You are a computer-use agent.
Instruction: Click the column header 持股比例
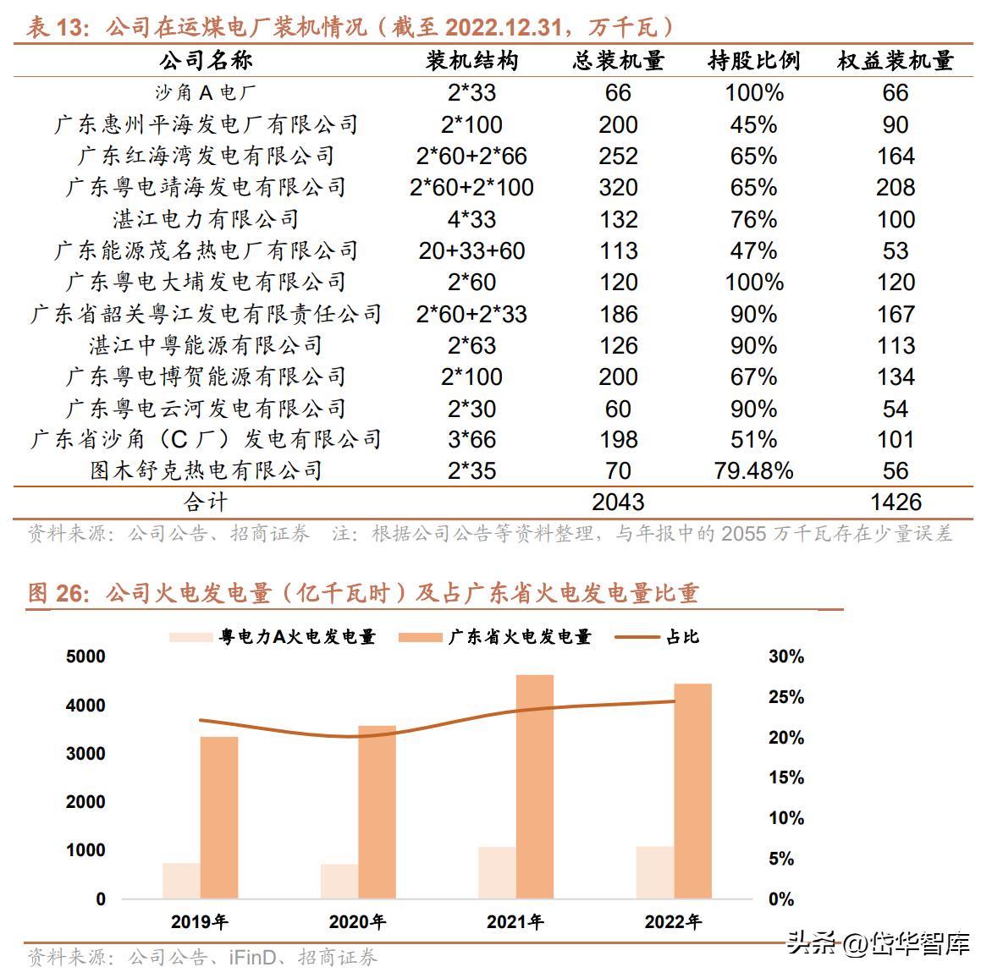pyautogui.click(x=753, y=60)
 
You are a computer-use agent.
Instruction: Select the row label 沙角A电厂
pyautogui.click(x=206, y=92)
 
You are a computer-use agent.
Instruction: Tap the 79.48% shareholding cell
pyautogui.click(x=753, y=470)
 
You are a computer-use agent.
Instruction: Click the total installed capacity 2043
pyautogui.click(x=618, y=502)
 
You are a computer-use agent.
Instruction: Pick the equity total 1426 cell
pyautogui.click(x=896, y=502)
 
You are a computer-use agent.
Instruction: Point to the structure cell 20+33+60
pyautogui.click(x=471, y=250)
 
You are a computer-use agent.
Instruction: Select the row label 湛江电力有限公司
pyautogui.click(x=206, y=219)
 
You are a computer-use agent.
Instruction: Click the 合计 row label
pyautogui.click(x=206, y=502)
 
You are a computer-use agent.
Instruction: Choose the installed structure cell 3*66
pyautogui.click(x=471, y=439)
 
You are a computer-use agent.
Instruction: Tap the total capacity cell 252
pyautogui.click(x=618, y=156)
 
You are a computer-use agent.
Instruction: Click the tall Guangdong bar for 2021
pyautogui.click(x=535, y=787)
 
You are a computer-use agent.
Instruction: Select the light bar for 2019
pyautogui.click(x=181, y=881)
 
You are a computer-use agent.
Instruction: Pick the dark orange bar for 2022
pyautogui.click(x=692, y=791)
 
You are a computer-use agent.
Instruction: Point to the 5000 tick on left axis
pyautogui.click(x=85, y=657)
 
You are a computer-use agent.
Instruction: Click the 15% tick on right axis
pyautogui.click(x=786, y=777)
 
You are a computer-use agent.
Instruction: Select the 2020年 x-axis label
pyautogui.click(x=357, y=921)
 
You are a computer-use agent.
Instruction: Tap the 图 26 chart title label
pyautogui.click(x=58, y=593)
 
